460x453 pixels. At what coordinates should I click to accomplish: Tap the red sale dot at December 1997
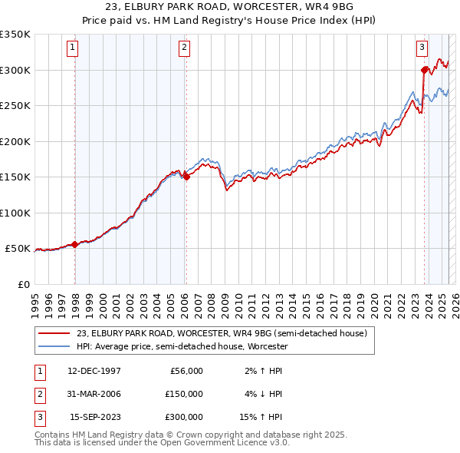pyautogui.click(x=74, y=244)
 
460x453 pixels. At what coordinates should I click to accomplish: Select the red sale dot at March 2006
pyautogui.click(x=186, y=177)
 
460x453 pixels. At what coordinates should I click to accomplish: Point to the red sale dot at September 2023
pyautogui.click(x=424, y=70)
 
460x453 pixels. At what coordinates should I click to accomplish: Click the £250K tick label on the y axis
pyautogui.click(x=15, y=106)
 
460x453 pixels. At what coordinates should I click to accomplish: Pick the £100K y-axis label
pyautogui.click(x=15, y=213)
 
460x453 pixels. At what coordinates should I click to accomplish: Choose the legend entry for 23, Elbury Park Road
pyautogui.click(x=222, y=333)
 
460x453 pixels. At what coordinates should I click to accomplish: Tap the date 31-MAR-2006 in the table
pyautogui.click(x=94, y=394)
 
